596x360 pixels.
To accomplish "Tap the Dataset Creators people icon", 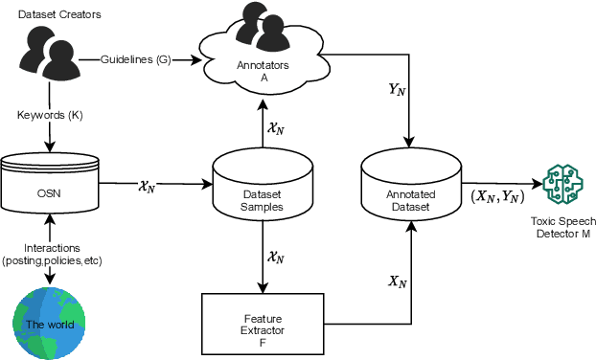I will pyautogui.click(x=47, y=58).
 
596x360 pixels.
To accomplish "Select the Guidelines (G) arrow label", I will pyautogui.click(x=136, y=60).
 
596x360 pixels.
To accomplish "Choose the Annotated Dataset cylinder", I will pyautogui.click(x=411, y=186).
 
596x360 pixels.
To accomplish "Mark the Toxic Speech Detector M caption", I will pyautogui.click(x=563, y=228).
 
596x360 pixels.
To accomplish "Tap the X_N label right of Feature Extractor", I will pyautogui.click(x=395, y=281).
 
